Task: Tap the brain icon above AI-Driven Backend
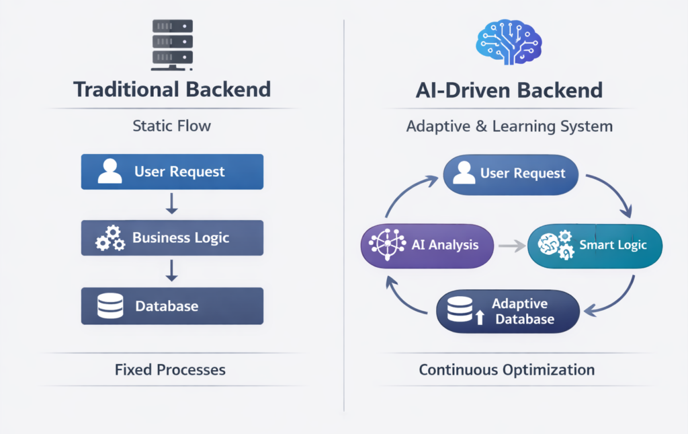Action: (x=509, y=41)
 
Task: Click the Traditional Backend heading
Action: (x=172, y=89)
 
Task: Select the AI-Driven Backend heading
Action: (x=509, y=90)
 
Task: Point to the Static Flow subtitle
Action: (x=172, y=126)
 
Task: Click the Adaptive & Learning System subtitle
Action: (x=509, y=126)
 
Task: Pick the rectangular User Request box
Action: (x=172, y=172)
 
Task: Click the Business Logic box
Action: (x=172, y=238)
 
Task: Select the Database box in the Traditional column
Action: (x=172, y=306)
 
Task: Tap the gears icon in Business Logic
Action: (x=110, y=238)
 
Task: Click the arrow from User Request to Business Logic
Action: (x=172, y=204)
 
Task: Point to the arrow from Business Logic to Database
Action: (x=172, y=270)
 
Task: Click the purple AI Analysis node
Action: (x=427, y=244)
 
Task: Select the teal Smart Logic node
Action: (x=595, y=245)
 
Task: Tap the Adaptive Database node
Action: (x=507, y=311)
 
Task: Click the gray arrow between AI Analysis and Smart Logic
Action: (x=511, y=246)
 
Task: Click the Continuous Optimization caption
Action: (x=507, y=369)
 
